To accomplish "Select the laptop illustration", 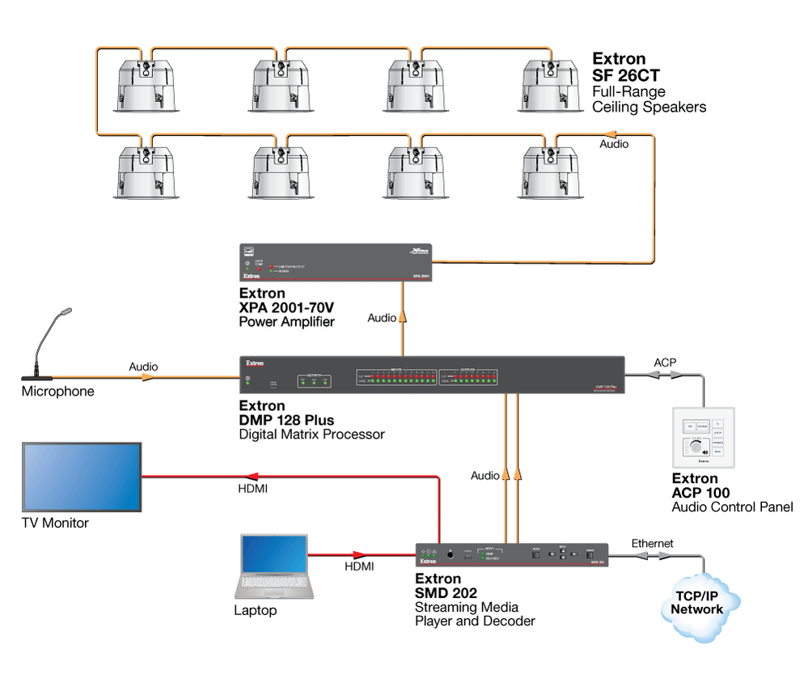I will (273, 566).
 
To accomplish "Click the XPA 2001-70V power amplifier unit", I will (335, 262).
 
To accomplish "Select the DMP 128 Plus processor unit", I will (432, 375).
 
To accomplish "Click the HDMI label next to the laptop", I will (359, 566).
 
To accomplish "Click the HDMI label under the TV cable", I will (252, 490).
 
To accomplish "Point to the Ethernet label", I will (652, 544).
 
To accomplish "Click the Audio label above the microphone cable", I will (143, 367).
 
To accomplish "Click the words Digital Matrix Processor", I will (311, 434).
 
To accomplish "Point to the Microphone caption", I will (57, 392).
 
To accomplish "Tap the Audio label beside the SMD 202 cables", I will (485, 476).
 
